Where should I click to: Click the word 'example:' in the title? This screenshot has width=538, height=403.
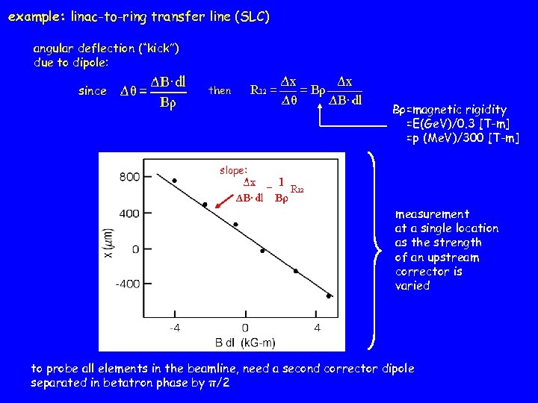pyautogui.click(x=35, y=16)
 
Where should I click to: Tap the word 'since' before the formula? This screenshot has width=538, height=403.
pyautogui.click(x=93, y=91)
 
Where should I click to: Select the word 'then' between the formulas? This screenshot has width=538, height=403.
pyautogui.click(x=220, y=91)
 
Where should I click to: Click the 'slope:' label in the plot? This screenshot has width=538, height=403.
pyautogui.click(x=233, y=170)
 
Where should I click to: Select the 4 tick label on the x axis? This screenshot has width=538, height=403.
pyautogui.click(x=318, y=328)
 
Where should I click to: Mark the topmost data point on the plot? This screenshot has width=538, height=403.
pyautogui.click(x=175, y=181)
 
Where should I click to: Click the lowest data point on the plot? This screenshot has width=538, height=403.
pyautogui.click(x=329, y=296)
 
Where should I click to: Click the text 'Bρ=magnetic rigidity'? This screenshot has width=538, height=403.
pyautogui.click(x=449, y=110)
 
